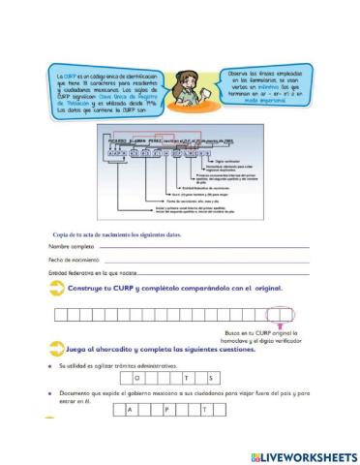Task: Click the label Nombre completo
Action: (72, 247)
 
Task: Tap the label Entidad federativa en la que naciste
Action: (96, 274)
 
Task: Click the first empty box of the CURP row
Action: (60, 314)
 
